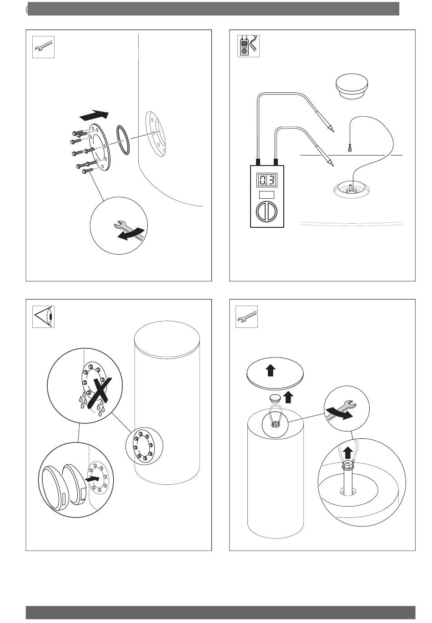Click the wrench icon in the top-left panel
point(43,47)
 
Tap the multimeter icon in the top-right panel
point(248,46)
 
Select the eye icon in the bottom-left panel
point(43,317)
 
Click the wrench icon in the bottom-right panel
point(246,317)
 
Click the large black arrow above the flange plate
point(94,115)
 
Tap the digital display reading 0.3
point(266,180)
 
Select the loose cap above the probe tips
point(352,86)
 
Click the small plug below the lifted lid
point(275,398)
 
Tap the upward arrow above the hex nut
point(347,453)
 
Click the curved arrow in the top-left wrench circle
point(131,234)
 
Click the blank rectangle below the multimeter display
point(266,195)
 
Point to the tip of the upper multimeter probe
point(333,131)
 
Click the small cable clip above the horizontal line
point(349,148)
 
